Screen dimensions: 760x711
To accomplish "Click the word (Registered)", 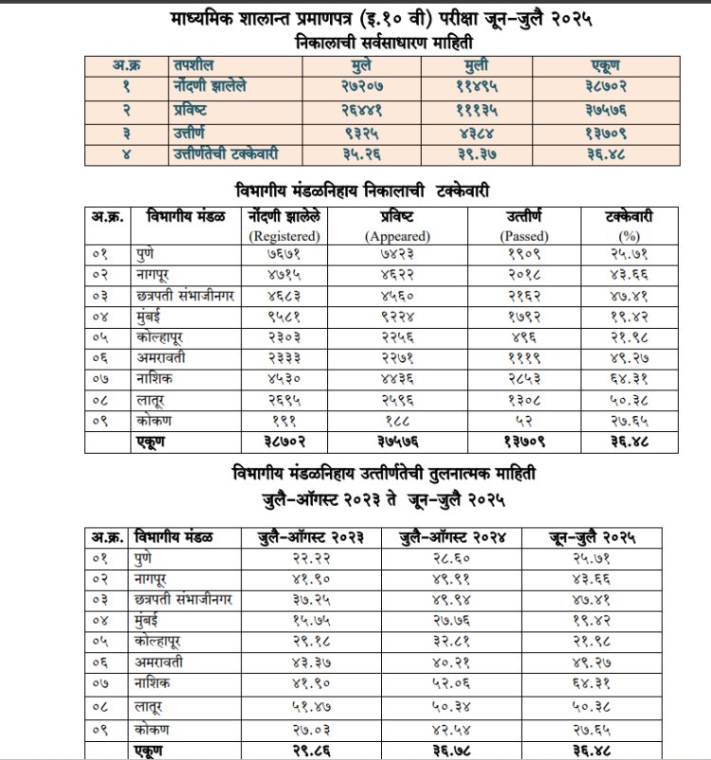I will coord(283,235).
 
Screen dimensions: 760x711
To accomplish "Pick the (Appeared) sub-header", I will coord(397,235).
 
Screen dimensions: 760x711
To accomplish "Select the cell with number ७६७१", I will coord(284,254).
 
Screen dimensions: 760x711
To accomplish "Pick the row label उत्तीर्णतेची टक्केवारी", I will coord(225,153).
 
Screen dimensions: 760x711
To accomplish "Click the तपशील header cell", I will coord(193,64).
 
